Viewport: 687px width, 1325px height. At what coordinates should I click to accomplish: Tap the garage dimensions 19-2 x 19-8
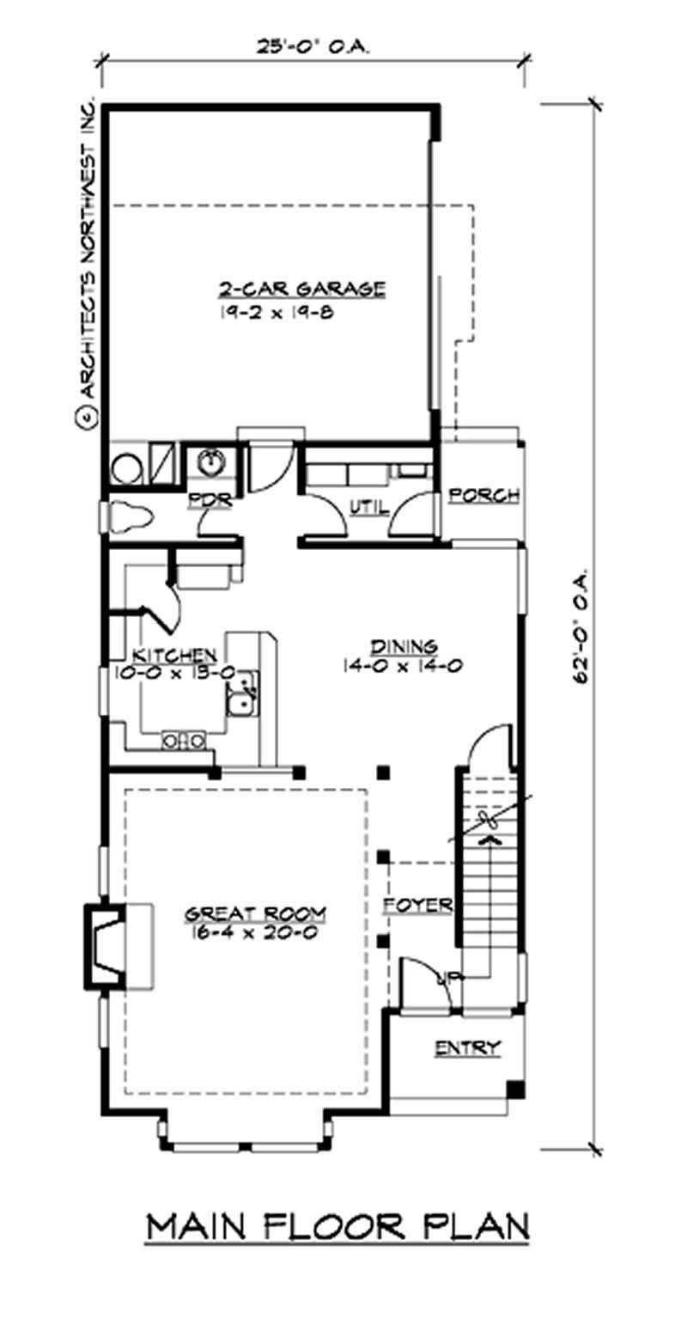[x=275, y=312]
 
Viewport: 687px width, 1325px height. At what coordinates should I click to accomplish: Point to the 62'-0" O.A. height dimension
[x=585, y=624]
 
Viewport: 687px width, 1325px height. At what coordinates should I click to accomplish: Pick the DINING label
[x=404, y=645]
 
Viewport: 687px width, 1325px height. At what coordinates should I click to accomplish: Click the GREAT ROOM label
[x=250, y=913]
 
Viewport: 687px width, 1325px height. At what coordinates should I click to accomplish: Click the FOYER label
[x=416, y=906]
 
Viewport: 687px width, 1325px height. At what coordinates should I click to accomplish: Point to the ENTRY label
[x=467, y=1047]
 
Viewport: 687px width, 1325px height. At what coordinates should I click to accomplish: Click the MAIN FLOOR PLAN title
[x=337, y=1226]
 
